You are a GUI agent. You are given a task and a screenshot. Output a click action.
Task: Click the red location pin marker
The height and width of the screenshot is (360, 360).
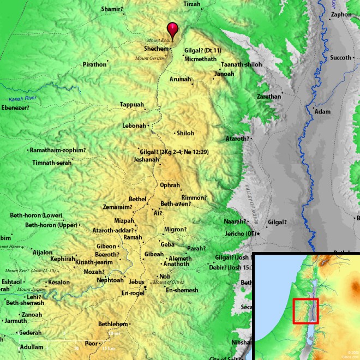click(x=172, y=29)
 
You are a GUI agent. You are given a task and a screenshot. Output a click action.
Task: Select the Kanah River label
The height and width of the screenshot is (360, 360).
click(x=25, y=99)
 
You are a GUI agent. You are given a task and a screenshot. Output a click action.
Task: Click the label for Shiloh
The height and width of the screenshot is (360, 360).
click(x=185, y=133)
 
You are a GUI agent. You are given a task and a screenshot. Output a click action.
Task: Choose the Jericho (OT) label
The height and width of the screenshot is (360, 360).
click(x=239, y=234)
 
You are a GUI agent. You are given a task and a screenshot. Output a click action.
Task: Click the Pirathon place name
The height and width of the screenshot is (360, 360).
click(x=94, y=64)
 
